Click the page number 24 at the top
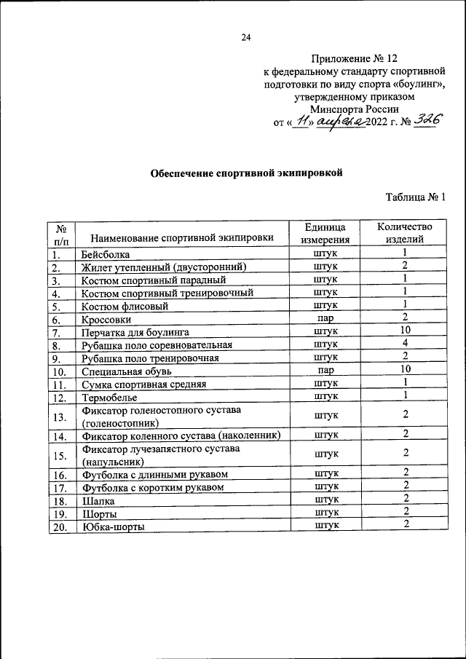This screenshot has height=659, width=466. [x=246, y=37]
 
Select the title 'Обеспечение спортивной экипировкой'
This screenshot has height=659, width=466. [x=245, y=173]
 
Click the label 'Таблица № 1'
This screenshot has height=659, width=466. [x=414, y=197]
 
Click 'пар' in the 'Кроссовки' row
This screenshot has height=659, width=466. [x=327, y=318]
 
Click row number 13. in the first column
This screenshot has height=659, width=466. [x=60, y=416]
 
